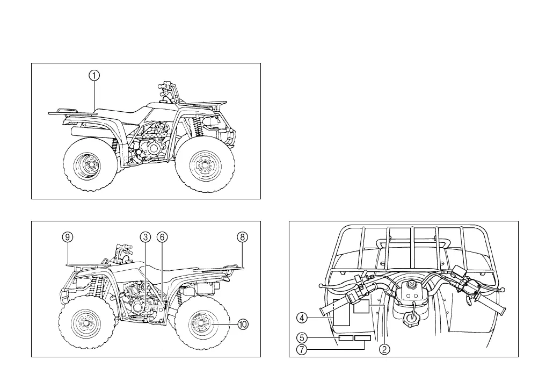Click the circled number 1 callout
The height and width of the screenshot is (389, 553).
[x=94, y=76]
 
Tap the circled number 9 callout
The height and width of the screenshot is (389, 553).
[x=67, y=237]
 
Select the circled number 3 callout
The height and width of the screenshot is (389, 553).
[x=145, y=237]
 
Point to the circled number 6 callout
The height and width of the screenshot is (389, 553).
[x=162, y=237]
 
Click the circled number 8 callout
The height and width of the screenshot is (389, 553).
[x=242, y=237]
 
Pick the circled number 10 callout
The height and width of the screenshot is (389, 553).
[x=243, y=324]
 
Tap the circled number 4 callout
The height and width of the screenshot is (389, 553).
[x=303, y=318]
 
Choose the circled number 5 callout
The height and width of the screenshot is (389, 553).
[x=303, y=338]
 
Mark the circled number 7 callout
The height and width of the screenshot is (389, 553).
[x=303, y=350]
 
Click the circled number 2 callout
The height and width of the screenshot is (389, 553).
[x=384, y=350]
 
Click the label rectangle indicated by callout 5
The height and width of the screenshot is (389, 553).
[x=345, y=338]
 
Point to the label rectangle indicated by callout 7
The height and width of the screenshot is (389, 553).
[x=363, y=338]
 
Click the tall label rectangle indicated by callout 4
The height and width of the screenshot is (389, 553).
[x=341, y=313]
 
